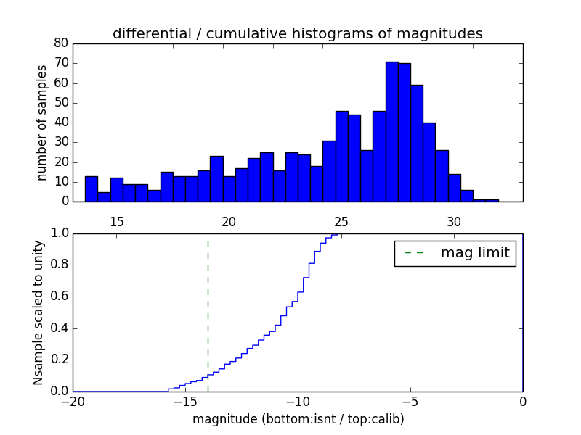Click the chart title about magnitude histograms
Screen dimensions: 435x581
(297, 33)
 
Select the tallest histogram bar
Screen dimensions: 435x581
(391, 130)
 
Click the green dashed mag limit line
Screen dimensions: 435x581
(208, 312)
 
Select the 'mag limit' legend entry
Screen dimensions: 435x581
(455, 253)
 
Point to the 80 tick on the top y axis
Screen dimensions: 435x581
(61, 43)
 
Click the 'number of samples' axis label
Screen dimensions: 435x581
(42, 122)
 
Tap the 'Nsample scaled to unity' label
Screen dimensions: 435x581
(38, 312)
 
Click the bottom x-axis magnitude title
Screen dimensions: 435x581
(298, 419)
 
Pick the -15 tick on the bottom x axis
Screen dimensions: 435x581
(184, 402)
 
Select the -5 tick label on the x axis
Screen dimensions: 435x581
(410, 402)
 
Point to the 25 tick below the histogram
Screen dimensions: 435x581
(341, 221)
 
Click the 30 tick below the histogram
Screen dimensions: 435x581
(454, 221)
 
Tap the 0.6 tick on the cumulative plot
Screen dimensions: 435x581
(58, 297)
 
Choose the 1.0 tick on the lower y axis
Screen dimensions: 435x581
(58, 233)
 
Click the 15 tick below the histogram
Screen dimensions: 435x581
(116, 221)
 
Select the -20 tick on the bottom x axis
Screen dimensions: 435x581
(72, 402)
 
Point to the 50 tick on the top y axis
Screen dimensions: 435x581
(61, 102)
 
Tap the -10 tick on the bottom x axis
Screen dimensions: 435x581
(297, 402)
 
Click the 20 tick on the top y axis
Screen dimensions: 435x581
(61, 162)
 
